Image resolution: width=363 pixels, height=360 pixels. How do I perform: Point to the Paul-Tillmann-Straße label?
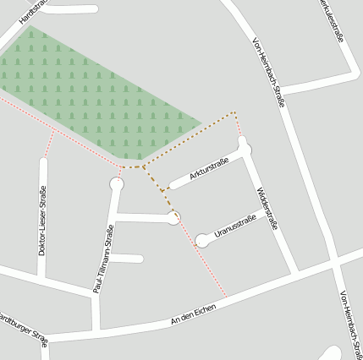click(107, 259)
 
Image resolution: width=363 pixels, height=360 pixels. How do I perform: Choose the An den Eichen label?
click(193, 313)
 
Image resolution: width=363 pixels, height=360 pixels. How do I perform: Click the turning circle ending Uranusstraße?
click(201, 241)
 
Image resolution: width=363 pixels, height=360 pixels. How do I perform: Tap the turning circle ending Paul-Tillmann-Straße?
click(117, 183)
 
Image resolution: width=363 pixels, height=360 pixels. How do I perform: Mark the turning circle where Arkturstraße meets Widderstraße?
click(245, 150)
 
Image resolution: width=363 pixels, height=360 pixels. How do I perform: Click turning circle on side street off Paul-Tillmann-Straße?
click(174, 218)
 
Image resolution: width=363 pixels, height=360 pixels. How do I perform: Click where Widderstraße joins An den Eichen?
click(295, 273)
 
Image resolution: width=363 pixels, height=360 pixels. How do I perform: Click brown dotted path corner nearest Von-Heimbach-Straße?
click(235, 113)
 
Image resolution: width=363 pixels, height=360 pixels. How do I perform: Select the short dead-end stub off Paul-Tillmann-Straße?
click(127, 258)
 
